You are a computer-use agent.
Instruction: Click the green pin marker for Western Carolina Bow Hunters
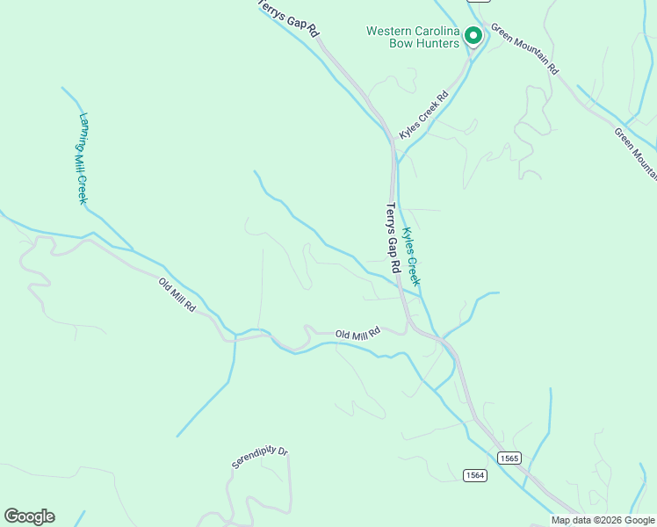tap(473, 37)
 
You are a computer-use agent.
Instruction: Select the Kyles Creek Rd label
tap(423, 115)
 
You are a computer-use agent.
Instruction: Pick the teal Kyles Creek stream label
tap(411, 258)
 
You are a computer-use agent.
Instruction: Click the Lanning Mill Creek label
tap(83, 158)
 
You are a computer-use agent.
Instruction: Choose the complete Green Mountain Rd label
tap(525, 47)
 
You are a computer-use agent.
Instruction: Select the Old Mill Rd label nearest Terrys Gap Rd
tap(357, 334)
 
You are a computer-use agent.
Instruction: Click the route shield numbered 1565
tap(509, 458)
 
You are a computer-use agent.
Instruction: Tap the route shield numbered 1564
tap(475, 475)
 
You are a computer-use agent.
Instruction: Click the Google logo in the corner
tap(29, 516)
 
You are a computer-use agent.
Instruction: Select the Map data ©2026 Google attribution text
tap(603, 520)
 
